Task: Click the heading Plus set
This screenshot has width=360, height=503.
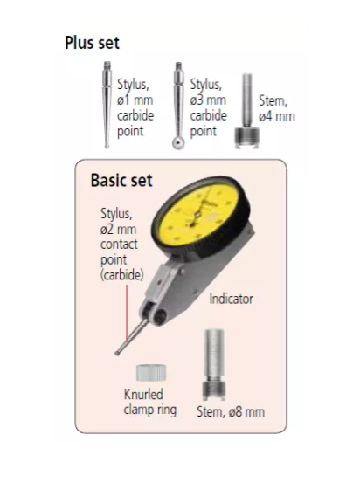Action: coord(92,43)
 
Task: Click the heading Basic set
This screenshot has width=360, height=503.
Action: coord(121,180)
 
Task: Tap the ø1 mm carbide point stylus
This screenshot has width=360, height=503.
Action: coord(107,105)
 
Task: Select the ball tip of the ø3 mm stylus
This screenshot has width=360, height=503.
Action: coord(178,143)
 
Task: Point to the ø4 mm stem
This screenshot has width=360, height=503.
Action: coord(246,111)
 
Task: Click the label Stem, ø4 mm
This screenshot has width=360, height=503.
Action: coord(277,108)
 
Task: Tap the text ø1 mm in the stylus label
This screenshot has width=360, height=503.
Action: coord(135,100)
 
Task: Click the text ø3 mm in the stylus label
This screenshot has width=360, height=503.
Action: coord(208,100)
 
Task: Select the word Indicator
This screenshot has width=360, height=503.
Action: coord(231,299)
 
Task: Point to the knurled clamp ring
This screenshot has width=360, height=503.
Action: coord(151,373)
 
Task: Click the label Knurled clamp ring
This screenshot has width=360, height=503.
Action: coord(150,402)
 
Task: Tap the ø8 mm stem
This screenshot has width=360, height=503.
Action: coord(214,364)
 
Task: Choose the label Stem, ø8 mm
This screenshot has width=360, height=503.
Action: coord(231,411)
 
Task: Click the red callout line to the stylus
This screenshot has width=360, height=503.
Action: coord(127,314)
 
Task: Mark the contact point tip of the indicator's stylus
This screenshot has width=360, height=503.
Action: coord(117,353)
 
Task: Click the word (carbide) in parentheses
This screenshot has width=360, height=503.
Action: coord(122,275)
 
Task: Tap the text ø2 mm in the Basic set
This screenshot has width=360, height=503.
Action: coord(118,229)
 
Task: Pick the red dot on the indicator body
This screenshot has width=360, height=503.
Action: coord(159,282)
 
